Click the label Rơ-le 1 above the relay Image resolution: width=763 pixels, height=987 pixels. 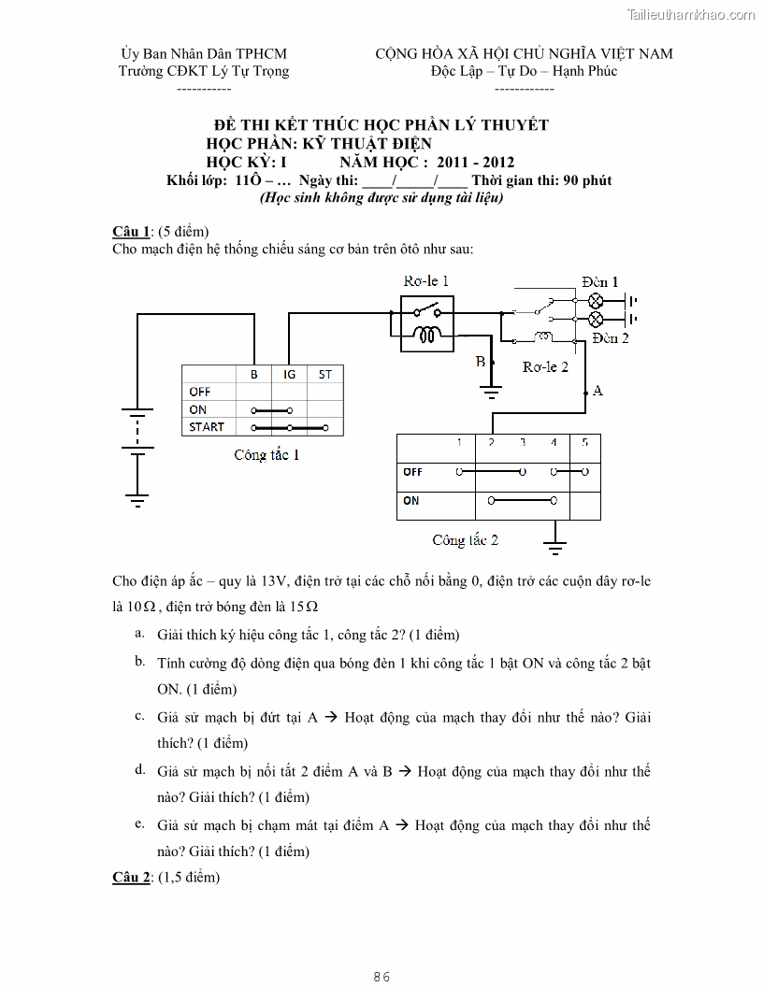pyautogui.click(x=426, y=280)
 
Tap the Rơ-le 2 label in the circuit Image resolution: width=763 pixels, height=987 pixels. pyautogui.click(x=545, y=366)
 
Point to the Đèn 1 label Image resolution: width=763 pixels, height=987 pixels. pyautogui.click(x=599, y=281)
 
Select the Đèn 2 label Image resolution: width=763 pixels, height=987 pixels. pyautogui.click(x=611, y=337)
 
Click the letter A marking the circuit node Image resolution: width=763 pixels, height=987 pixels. pyautogui.click(x=597, y=390)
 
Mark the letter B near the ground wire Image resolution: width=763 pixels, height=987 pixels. pyautogui.click(x=481, y=361)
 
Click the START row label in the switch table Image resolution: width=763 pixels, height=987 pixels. pyautogui.click(x=207, y=427)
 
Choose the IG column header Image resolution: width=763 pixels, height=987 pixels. pyautogui.click(x=289, y=374)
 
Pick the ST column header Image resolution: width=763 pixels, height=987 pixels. pyautogui.click(x=324, y=374)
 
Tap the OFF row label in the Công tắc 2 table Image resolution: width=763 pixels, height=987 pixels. pyautogui.click(x=412, y=472)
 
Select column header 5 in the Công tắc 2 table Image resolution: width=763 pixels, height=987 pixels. pyautogui.click(x=584, y=442)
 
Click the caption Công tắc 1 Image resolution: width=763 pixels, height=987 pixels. pyautogui.click(x=266, y=455)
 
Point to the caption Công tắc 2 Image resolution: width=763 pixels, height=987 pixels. pyautogui.click(x=465, y=539)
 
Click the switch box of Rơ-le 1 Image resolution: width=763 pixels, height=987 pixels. pyautogui.click(x=427, y=322)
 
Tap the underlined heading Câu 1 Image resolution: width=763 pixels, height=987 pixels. pyautogui.click(x=131, y=231)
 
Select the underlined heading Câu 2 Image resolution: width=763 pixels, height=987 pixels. pyautogui.click(x=131, y=877)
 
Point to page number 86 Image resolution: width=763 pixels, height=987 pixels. pyautogui.click(x=381, y=977)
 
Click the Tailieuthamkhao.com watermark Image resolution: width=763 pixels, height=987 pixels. pyautogui.click(x=691, y=15)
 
